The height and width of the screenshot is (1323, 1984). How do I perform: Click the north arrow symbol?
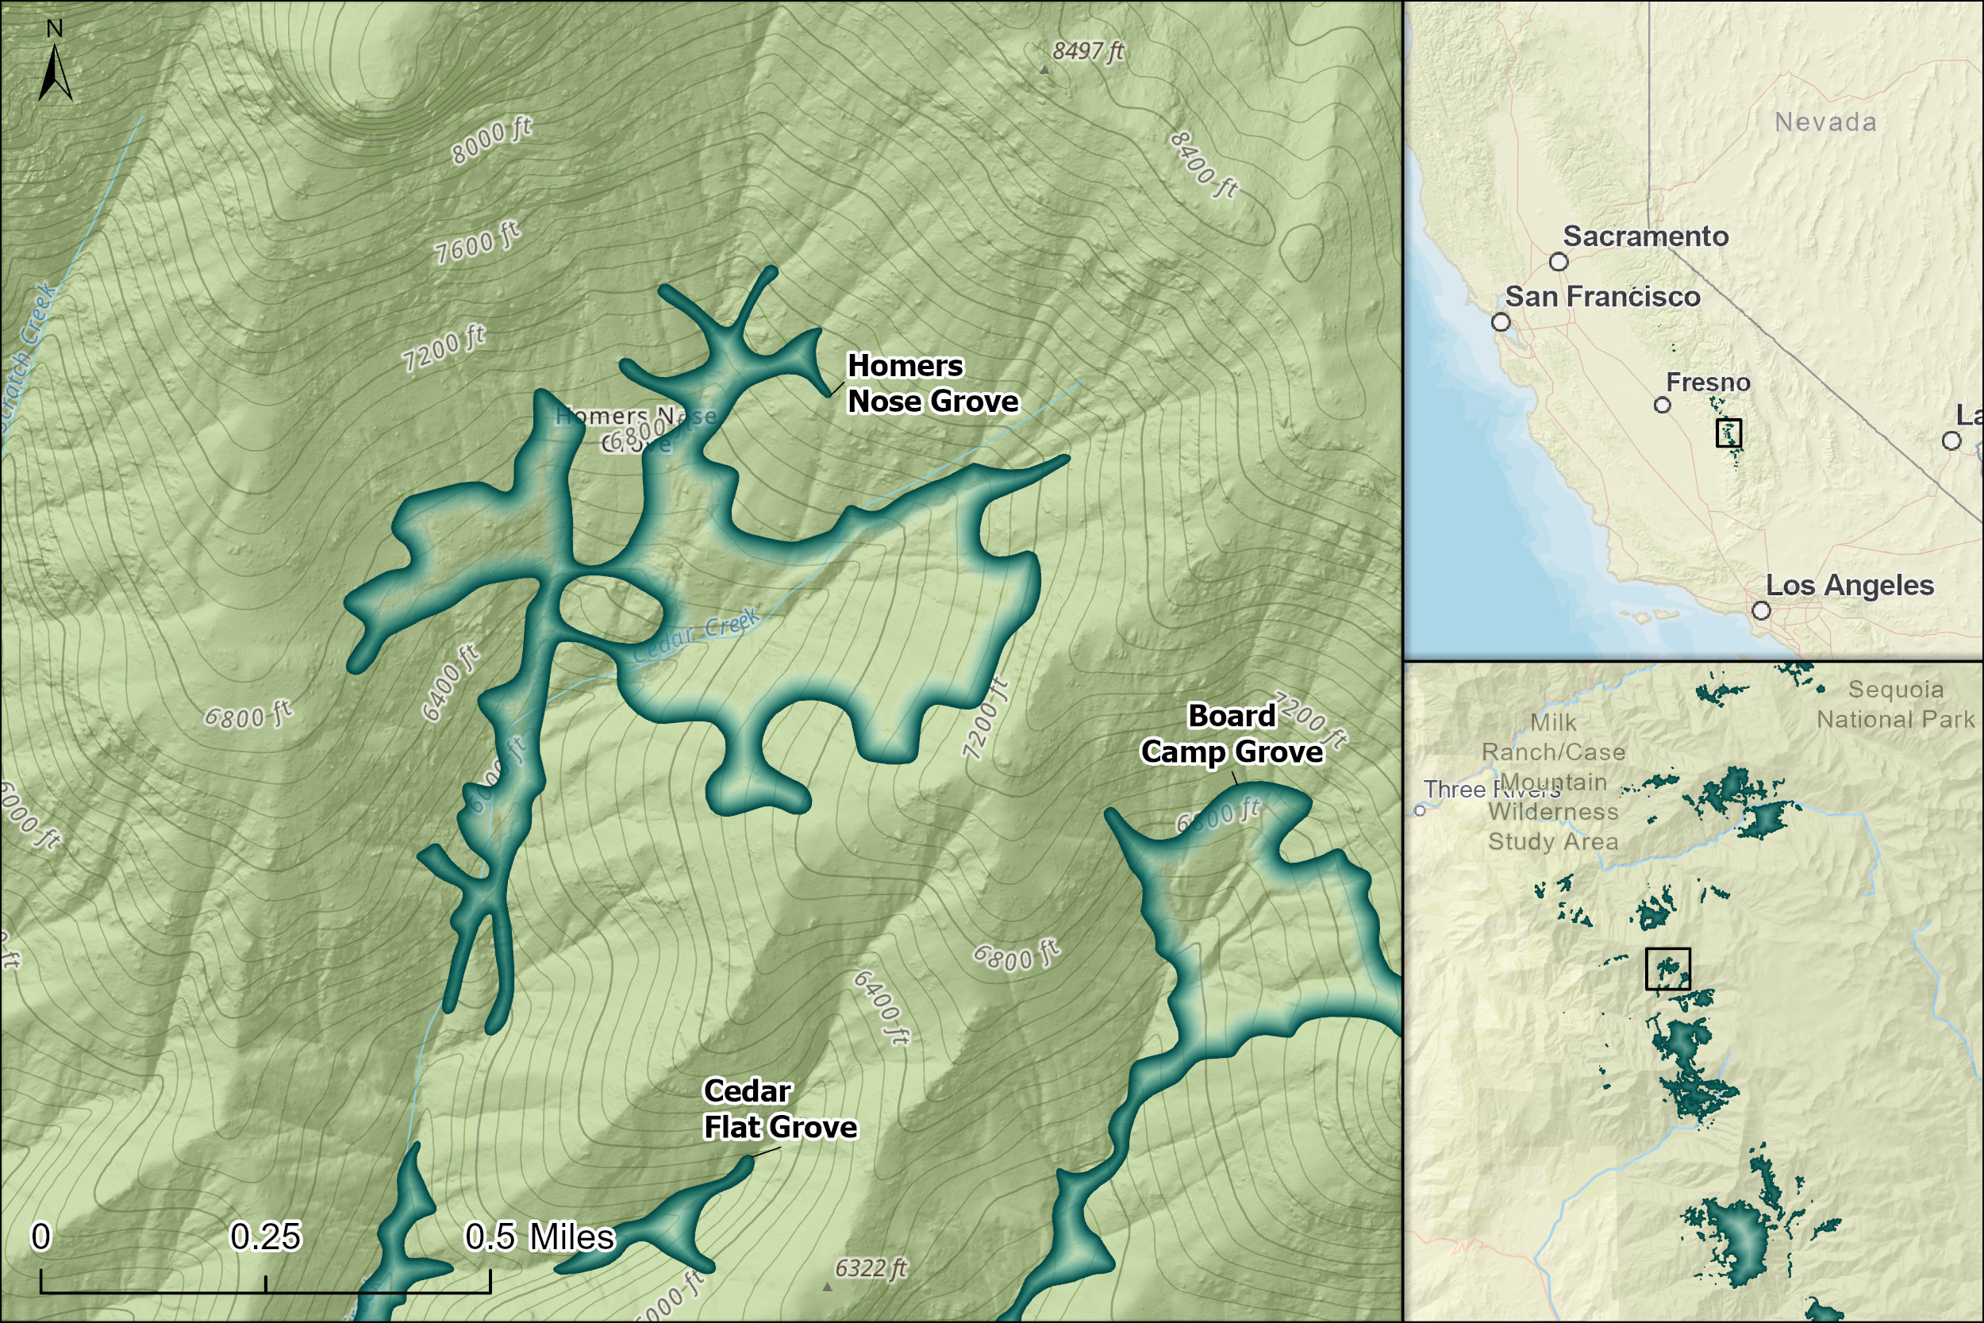55,71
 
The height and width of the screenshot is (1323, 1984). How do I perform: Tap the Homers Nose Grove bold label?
932,384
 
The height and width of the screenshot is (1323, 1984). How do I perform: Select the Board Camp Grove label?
1232,734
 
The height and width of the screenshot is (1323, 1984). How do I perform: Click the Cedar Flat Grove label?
779,1109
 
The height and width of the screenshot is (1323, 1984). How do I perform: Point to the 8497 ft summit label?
1087,52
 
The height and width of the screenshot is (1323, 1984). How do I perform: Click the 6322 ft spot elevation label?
871,1268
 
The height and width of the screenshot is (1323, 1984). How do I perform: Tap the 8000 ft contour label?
491,141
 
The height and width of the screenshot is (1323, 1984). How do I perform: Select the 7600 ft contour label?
477,243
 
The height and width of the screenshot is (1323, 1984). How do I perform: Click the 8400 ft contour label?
1204,164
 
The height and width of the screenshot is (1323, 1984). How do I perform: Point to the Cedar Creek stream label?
696,634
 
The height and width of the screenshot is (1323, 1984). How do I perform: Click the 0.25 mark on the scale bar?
265,1237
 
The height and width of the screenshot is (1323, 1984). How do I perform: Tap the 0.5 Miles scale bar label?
540,1237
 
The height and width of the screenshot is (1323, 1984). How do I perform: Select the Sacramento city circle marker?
1559,262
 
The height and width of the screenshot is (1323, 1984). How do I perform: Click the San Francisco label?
1601,297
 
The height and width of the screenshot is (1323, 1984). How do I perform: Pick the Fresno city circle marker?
1662,405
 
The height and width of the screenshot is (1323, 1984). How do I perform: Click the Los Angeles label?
1849,586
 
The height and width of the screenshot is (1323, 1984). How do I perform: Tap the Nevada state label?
1825,122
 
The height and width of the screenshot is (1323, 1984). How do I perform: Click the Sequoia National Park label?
1894,705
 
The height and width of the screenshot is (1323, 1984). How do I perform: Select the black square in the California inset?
1728,433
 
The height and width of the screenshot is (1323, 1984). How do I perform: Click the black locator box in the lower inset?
1667,968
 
